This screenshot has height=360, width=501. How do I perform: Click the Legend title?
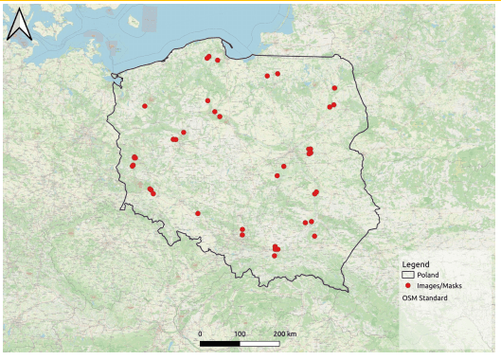[416, 263]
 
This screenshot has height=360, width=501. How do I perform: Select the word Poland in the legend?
[427, 274]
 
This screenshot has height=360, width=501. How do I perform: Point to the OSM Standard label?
[424, 297]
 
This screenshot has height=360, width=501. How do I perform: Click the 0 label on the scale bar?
[200, 334]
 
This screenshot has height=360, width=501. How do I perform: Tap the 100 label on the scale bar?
[241, 334]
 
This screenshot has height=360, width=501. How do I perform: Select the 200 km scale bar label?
[285, 334]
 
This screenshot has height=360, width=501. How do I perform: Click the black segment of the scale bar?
[220, 343]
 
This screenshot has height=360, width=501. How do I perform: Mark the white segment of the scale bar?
[260, 343]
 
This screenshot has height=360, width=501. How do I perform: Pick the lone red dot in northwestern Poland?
[145, 106]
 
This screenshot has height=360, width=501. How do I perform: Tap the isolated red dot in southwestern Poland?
[198, 213]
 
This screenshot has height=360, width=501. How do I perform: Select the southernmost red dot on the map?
[276, 253]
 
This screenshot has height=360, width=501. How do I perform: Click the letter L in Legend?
[404, 263]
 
